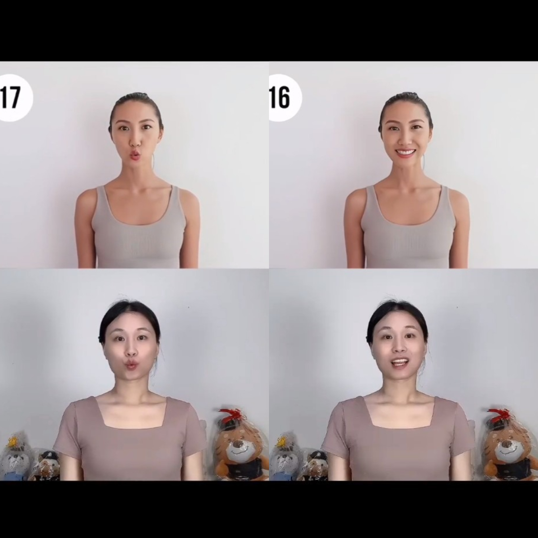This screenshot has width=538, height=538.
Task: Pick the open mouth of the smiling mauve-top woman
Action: click(x=400, y=362)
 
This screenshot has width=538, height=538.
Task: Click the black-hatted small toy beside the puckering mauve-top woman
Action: click(x=47, y=464)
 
